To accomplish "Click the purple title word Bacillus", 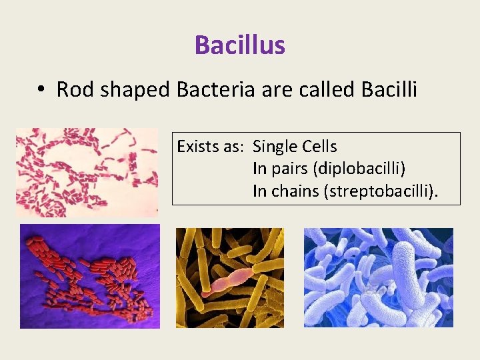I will tap(240, 45).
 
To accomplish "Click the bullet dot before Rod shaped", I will tap(41, 90).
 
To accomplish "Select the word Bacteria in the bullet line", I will tap(215, 89).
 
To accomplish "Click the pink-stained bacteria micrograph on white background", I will tap(87, 172).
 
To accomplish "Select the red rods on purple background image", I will tap(89, 276).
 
